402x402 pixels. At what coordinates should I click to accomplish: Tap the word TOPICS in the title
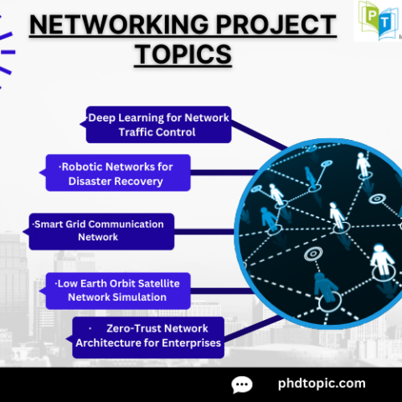click(x=183, y=54)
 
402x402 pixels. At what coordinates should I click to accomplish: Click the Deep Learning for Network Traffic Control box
click(x=158, y=125)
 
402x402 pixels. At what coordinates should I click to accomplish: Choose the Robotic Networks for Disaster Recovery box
click(x=116, y=173)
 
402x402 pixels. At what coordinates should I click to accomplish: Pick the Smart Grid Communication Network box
click(x=100, y=230)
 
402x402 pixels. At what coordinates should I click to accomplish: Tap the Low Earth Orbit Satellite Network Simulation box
click(x=117, y=289)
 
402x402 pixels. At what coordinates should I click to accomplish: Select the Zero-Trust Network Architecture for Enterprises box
click(x=148, y=336)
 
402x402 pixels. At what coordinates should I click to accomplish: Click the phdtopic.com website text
click(x=321, y=384)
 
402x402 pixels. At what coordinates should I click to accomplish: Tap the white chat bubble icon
click(x=242, y=384)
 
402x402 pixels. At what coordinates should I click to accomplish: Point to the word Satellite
click(x=161, y=282)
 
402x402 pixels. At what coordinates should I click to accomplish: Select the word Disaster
click(x=91, y=181)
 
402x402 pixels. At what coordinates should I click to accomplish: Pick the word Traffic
click(x=140, y=132)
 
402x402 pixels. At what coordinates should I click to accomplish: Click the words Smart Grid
click(x=61, y=224)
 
